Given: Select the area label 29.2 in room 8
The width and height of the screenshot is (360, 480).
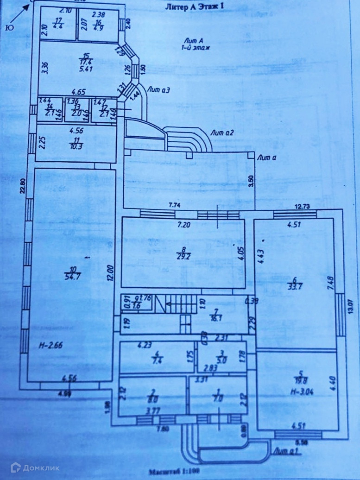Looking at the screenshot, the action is (x=182, y=255).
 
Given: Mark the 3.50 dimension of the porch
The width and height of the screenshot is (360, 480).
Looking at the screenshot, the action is (x=252, y=180).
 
